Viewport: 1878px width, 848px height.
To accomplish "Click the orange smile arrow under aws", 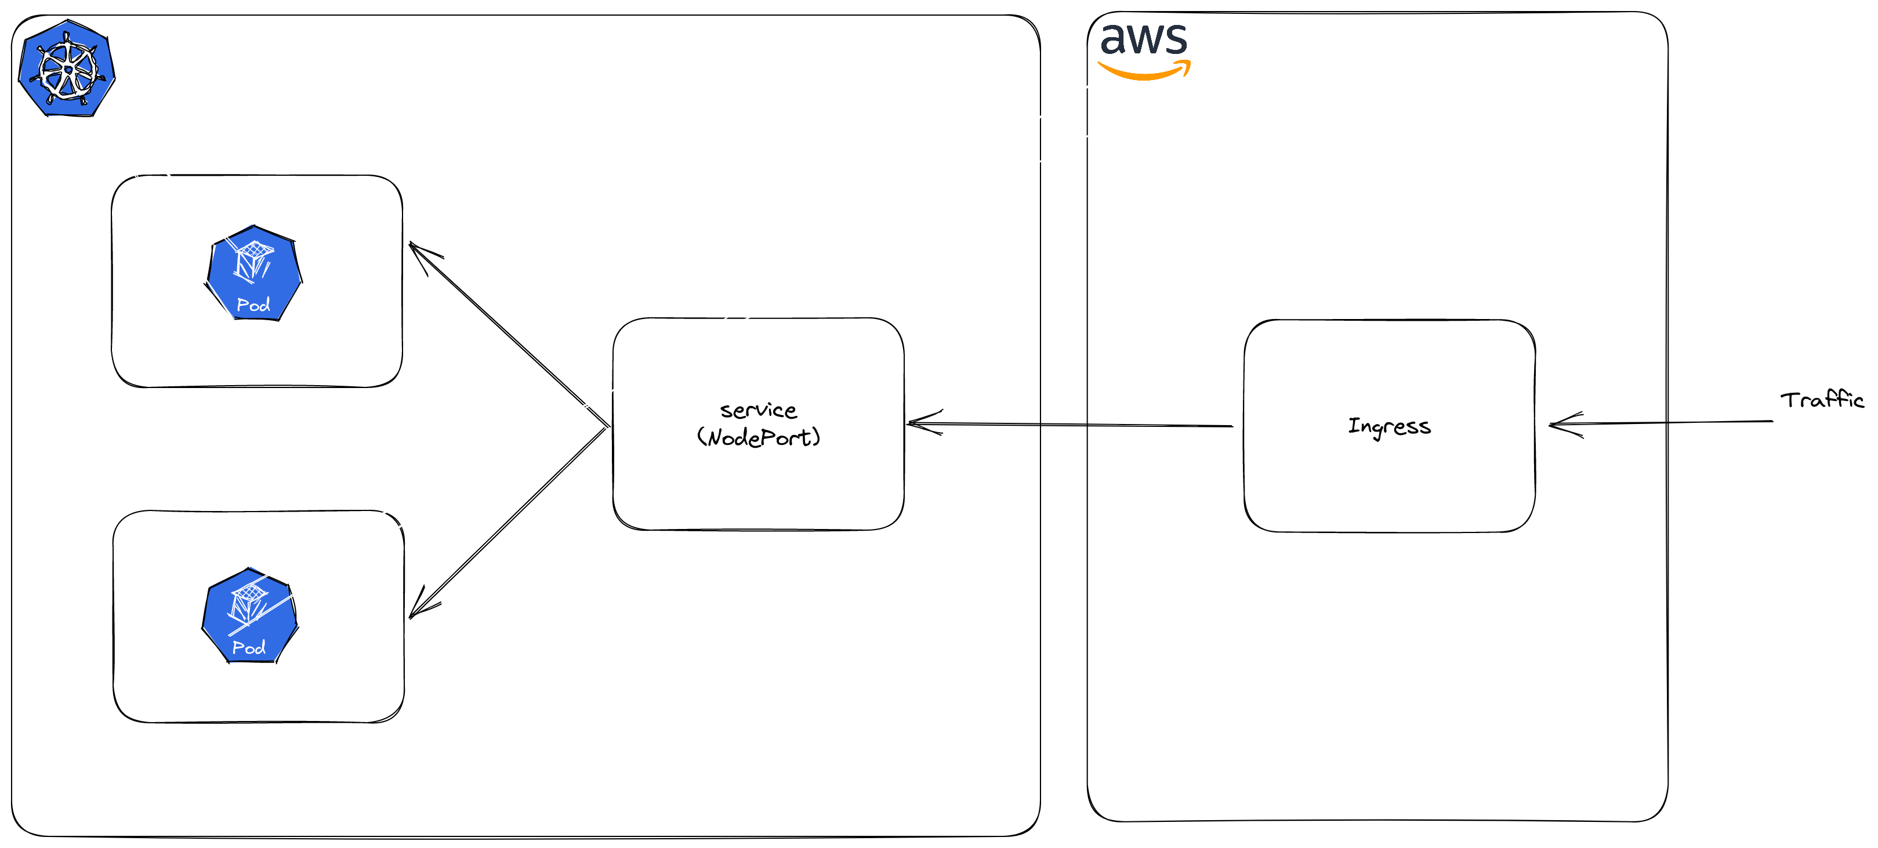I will (1143, 72).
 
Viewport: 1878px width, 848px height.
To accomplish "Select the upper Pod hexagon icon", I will (253, 273).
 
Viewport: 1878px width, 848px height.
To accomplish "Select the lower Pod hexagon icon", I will (249, 616).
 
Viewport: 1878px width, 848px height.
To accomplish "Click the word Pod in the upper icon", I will (253, 305).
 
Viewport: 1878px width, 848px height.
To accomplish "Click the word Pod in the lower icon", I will (249, 647).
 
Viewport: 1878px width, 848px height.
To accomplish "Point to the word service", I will (758, 411).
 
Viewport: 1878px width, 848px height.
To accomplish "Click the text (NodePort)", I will (758, 437).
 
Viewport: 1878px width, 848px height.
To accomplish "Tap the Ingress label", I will (1389, 426).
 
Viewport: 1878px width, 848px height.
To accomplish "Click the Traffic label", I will (1821, 400).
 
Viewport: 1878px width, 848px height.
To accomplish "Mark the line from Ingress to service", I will (1072, 425).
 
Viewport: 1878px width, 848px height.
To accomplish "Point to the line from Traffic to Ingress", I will (1677, 422).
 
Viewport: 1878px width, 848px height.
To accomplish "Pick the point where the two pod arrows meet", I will (607, 426).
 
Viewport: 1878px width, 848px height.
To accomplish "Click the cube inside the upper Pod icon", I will (253, 259).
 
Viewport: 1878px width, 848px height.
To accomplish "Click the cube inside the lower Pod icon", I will (249, 602).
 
